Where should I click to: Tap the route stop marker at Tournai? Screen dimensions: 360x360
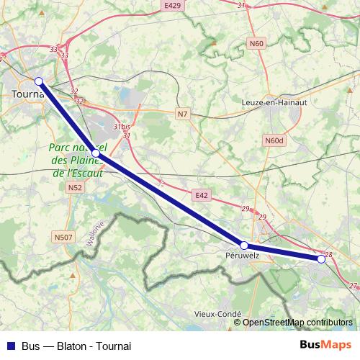point(39,81)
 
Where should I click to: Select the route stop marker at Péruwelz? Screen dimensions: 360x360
point(244,246)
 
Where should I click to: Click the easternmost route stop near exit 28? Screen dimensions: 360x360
point(321,259)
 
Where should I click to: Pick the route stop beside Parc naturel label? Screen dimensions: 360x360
point(96,154)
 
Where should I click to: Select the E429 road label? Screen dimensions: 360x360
point(172,5)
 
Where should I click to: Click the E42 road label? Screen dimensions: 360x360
point(201,194)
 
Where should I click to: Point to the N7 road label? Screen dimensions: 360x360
point(183,113)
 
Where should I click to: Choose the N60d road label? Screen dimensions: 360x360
point(274,140)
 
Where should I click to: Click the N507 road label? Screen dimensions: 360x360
point(63,235)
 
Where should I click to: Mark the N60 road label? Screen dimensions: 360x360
point(256,43)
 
